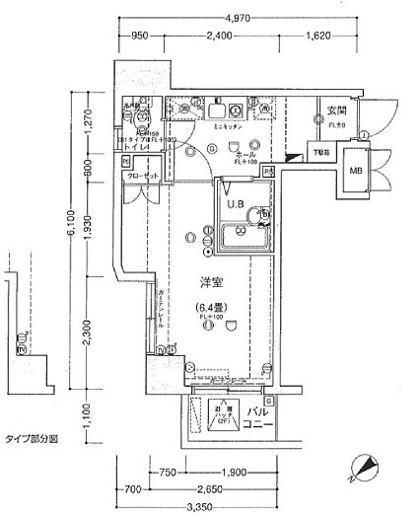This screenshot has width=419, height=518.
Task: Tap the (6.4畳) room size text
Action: (x=209, y=307)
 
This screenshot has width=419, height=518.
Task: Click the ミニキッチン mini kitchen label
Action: (x=228, y=127)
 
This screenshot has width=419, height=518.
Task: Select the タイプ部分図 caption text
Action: (x=30, y=437)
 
